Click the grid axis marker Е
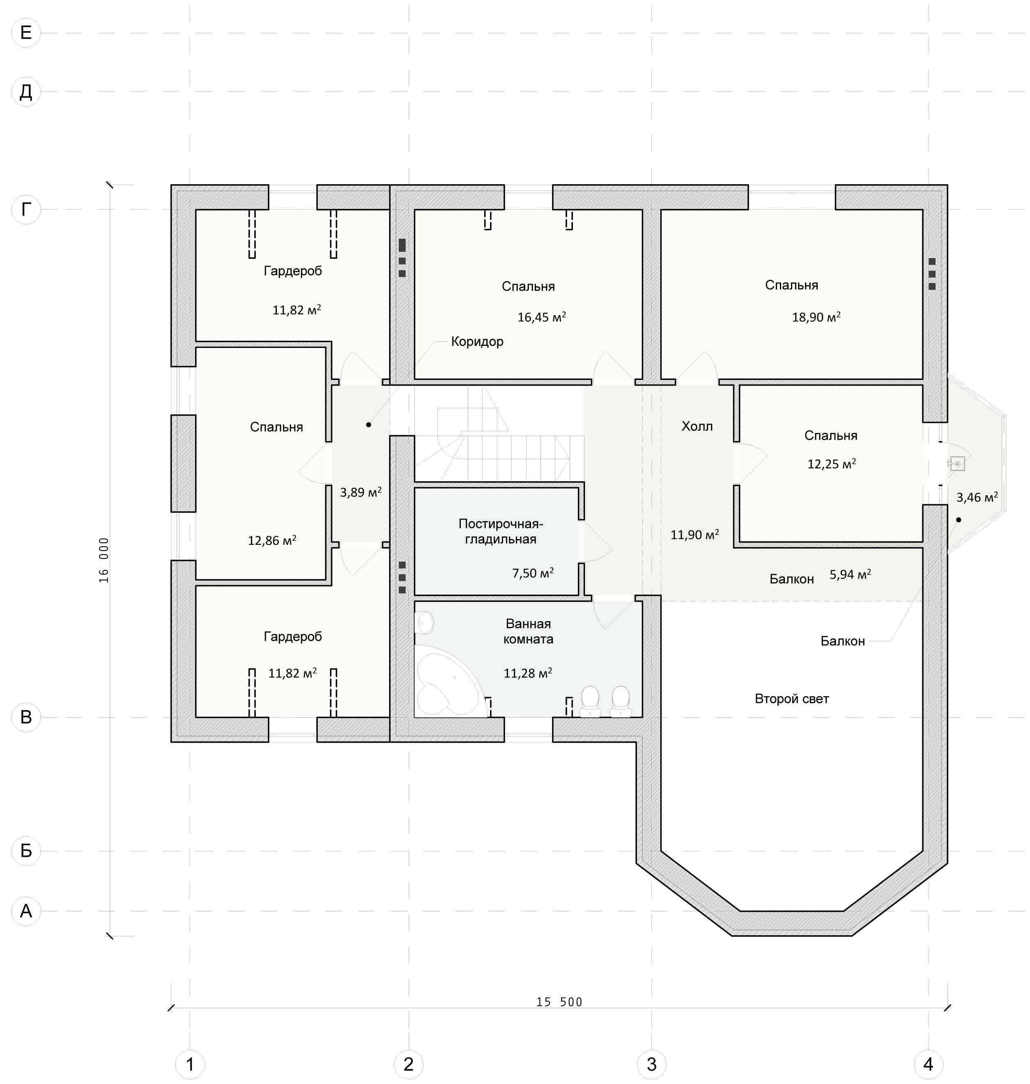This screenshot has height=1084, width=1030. [x=26, y=33]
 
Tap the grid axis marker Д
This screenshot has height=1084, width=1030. [x=26, y=91]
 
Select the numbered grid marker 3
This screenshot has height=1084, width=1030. [x=651, y=1064]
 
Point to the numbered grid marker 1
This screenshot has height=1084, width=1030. [x=190, y=1064]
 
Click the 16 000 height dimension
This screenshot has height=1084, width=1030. [x=104, y=560]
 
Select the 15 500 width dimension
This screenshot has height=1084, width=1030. [x=559, y=1002]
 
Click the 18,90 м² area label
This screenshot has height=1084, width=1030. [x=816, y=317]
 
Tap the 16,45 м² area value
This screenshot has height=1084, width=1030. [x=541, y=317]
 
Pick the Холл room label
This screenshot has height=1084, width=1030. [x=697, y=426]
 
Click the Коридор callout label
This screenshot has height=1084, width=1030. [x=477, y=342]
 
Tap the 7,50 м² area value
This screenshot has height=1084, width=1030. [x=533, y=573]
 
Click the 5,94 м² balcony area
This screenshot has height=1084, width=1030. [x=850, y=574]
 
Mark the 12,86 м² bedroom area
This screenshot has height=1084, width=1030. [x=272, y=540]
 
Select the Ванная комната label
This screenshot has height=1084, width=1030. [x=528, y=631]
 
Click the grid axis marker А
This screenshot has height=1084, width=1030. [x=26, y=911]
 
